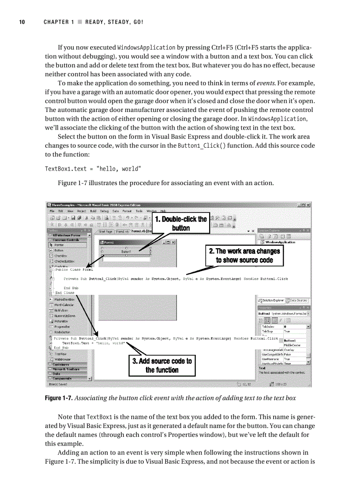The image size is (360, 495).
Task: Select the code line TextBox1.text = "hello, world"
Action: coord(93,169)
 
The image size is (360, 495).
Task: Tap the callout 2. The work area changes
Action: coord(244,255)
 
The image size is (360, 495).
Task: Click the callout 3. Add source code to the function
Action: coord(162,365)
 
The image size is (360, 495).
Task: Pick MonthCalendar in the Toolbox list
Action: coord(64,305)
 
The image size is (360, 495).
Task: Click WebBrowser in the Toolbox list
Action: coord(63,359)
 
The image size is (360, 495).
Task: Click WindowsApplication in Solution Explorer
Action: coord(281,242)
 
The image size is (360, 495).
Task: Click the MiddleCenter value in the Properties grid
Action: coord(293,345)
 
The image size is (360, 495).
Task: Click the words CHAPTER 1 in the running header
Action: coord(56,22)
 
